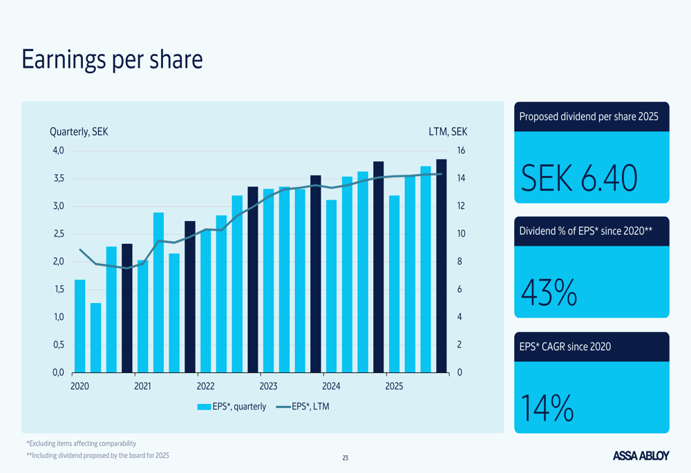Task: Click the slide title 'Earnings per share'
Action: pyautogui.click(x=112, y=60)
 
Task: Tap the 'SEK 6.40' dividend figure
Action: pyautogui.click(x=578, y=178)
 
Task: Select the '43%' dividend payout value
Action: pyautogui.click(x=549, y=293)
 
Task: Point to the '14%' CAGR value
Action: pyautogui.click(x=547, y=407)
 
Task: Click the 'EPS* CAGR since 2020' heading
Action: pyautogui.click(x=565, y=347)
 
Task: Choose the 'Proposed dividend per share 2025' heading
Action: pyautogui.click(x=589, y=117)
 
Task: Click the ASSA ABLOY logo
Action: pyautogui.click(x=641, y=456)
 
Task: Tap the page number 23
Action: pyautogui.click(x=345, y=458)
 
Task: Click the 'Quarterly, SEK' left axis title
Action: pyautogui.click(x=79, y=132)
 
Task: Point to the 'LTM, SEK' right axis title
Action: pyautogui.click(x=448, y=132)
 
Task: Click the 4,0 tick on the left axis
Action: pyautogui.click(x=57, y=151)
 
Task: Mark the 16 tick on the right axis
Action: pyautogui.click(x=461, y=151)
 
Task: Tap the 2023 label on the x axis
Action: pyautogui.click(x=268, y=386)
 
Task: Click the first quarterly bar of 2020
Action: pyautogui.click(x=80, y=326)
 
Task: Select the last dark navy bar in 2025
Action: pyautogui.click(x=441, y=266)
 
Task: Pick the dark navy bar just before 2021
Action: pyautogui.click(x=127, y=308)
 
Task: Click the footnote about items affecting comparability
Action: pyautogui.click(x=81, y=443)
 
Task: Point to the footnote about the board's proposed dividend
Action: pyautogui.click(x=97, y=456)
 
